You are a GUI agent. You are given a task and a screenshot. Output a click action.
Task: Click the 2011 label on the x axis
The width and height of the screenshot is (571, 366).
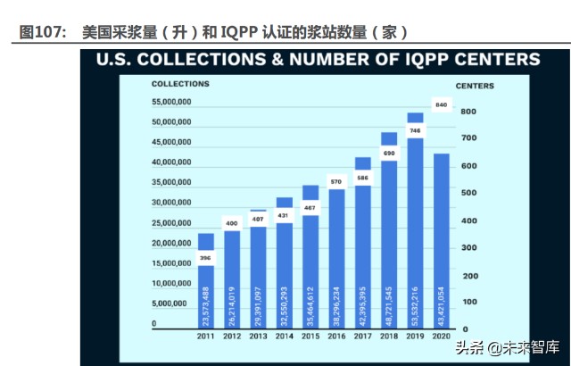point(206,337)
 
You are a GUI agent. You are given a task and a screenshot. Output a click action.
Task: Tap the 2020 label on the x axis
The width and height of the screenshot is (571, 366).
point(441,337)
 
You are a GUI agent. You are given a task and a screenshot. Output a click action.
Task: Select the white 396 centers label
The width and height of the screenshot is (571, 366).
point(206,259)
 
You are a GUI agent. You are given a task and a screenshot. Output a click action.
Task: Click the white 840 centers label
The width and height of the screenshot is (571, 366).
point(441,105)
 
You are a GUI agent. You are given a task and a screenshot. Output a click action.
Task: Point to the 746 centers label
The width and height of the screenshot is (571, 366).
point(415,130)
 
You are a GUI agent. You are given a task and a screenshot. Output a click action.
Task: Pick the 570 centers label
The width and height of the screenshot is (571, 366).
point(336,182)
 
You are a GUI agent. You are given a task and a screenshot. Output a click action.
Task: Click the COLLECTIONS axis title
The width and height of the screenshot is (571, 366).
point(180,83)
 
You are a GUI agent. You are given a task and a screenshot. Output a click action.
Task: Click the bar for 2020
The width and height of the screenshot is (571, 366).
point(441,241)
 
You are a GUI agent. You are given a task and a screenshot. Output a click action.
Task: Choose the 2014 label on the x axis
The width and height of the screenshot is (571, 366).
point(285,337)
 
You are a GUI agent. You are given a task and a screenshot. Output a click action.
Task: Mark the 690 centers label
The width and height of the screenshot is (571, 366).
point(389,154)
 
